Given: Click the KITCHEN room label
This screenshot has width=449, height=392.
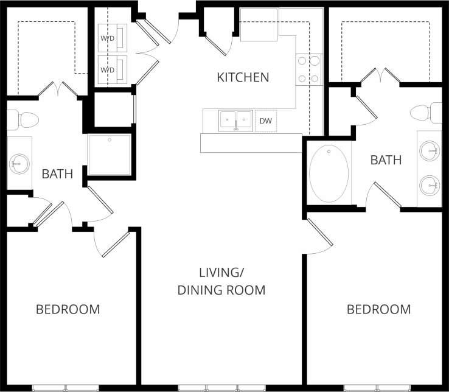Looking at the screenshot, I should click(243, 77).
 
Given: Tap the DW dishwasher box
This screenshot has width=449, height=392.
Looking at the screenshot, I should click(265, 121).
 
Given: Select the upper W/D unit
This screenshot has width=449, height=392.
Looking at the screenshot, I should click(113, 38).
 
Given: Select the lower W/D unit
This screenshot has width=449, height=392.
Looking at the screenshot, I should click(113, 69).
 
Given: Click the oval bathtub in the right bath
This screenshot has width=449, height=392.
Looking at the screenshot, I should click(329, 173).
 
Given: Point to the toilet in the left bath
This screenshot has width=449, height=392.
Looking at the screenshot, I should click(24, 120).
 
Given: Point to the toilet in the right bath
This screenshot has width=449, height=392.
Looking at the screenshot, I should click(425, 113).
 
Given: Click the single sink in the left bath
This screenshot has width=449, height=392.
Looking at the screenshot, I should click(20, 163).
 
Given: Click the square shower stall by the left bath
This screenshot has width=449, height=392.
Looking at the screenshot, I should click(110, 155).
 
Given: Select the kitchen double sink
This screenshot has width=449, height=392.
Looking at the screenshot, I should click(235, 120).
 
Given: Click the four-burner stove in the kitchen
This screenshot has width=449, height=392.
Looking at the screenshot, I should click(308, 69).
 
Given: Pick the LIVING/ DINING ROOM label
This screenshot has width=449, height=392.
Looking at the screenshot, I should click(221, 281).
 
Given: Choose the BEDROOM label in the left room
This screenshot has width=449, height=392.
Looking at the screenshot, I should click(68, 309).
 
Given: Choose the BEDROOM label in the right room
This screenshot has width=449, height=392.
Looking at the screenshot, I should click(378, 309).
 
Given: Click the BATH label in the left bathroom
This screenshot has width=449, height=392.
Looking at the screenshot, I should click(57, 174).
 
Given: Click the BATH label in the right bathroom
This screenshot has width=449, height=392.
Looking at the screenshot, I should click(386, 160).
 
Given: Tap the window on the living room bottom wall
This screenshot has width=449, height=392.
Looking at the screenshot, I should click(221, 388).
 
